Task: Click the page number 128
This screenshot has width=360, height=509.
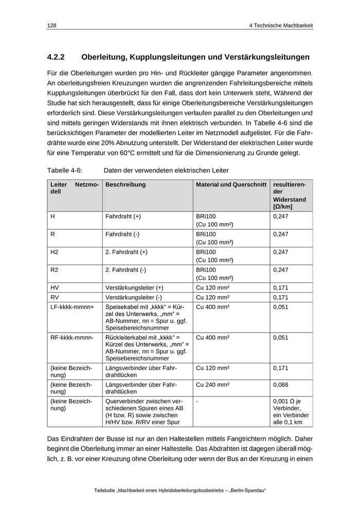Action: (51, 25)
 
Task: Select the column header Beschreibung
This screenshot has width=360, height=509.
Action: (125, 185)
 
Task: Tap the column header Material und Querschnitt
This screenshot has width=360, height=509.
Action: (231, 185)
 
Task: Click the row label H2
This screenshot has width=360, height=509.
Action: (55, 252)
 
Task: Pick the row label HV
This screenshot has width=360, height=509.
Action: (55, 287)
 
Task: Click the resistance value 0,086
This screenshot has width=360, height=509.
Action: (281, 384)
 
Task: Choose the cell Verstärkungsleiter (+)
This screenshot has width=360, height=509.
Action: (134, 287)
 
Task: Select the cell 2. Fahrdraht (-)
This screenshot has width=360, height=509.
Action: (125, 269)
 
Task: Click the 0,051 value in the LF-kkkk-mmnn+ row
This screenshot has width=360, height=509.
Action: (281, 307)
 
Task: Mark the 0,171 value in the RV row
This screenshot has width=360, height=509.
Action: (281, 297)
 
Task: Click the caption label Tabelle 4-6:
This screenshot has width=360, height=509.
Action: (65, 170)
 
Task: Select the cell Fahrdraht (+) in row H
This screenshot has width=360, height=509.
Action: (123, 216)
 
